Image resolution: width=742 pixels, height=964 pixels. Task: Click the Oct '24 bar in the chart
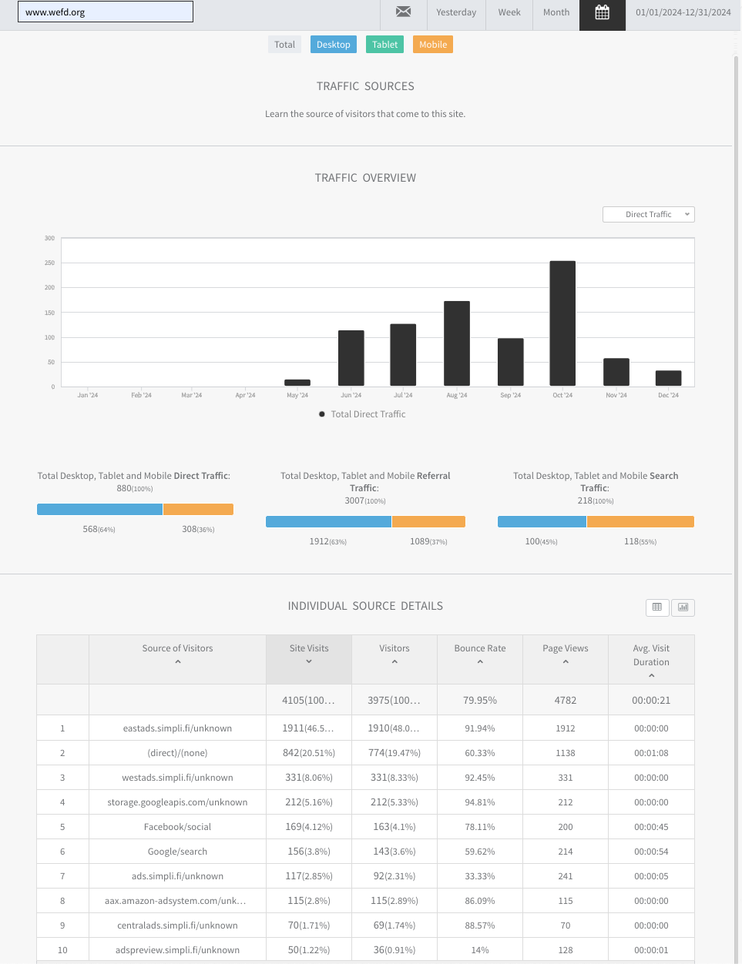(562, 323)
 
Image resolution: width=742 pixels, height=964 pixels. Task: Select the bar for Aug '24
(457, 343)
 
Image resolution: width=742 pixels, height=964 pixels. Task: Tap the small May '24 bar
(297, 383)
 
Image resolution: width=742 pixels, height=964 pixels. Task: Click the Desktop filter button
(334, 45)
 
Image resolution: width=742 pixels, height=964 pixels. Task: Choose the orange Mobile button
(433, 45)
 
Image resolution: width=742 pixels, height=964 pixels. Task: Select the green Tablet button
(384, 45)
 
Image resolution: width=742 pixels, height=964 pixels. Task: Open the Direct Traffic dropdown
(648, 214)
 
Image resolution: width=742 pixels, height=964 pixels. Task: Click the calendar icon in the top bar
(603, 12)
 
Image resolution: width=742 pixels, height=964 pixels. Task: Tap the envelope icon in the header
(403, 12)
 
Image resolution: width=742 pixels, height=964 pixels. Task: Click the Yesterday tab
(456, 12)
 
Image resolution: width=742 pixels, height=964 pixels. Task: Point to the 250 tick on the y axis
(50, 263)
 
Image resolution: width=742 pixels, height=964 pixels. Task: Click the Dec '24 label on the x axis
(668, 395)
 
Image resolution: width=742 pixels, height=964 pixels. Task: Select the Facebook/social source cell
(177, 826)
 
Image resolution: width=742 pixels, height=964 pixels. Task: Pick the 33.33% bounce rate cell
(480, 875)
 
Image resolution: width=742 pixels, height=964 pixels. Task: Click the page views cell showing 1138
(566, 753)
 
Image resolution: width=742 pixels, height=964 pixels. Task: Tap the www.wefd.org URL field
(106, 12)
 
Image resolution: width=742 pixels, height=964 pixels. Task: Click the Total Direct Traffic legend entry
(362, 414)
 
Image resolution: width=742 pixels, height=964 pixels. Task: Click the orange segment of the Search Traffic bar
(640, 522)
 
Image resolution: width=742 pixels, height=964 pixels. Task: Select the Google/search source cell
(177, 852)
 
